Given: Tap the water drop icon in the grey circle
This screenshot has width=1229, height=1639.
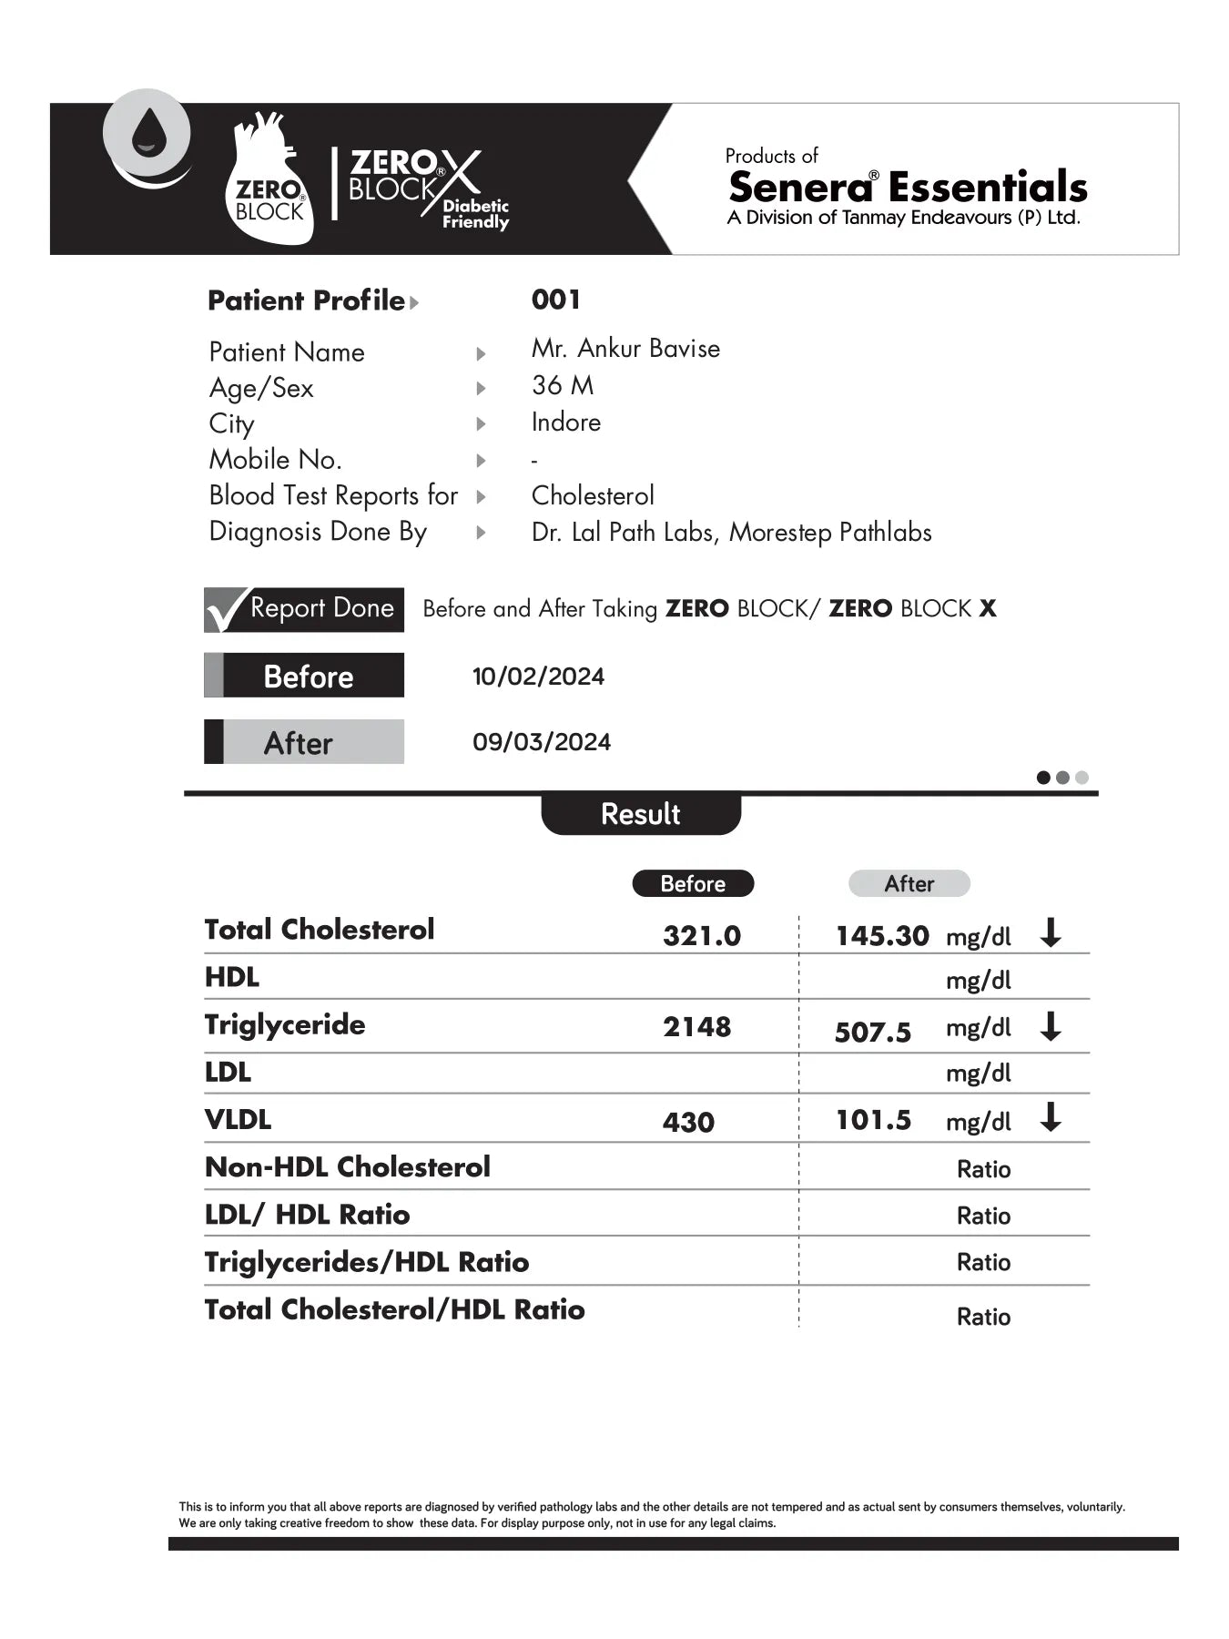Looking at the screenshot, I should tap(147, 133).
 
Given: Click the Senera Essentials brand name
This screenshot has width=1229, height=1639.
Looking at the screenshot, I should tap(908, 188).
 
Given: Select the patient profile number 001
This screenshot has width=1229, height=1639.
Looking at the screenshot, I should tap(555, 300).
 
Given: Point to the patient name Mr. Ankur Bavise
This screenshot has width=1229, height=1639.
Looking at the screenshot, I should tap(625, 349).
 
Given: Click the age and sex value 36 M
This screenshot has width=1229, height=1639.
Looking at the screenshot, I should tap(563, 386).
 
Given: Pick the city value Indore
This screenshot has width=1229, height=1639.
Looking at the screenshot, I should tap(566, 422).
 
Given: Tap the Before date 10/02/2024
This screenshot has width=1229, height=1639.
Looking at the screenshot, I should tap(538, 677).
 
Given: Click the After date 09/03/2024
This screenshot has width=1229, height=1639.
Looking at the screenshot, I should tap(542, 742).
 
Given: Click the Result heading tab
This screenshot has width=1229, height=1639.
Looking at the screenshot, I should tap(641, 814).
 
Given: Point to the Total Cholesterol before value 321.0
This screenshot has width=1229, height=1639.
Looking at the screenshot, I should tap(702, 936).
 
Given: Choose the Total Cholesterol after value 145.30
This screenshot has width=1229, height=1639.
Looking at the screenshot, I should tap(882, 936).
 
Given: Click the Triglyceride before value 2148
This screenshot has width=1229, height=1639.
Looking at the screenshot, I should tap(696, 1027).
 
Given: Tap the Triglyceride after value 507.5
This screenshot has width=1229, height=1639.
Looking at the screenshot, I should tap(873, 1033).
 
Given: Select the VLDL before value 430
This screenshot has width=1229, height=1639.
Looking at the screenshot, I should tap(688, 1123).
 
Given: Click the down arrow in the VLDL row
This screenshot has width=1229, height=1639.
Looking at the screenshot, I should tap(1051, 1117).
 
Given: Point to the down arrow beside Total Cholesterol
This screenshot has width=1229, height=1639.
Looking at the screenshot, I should tap(1051, 933).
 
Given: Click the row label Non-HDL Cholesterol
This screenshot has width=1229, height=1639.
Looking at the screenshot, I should tap(348, 1167).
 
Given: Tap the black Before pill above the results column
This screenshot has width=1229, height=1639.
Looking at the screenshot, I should tap(693, 884).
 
